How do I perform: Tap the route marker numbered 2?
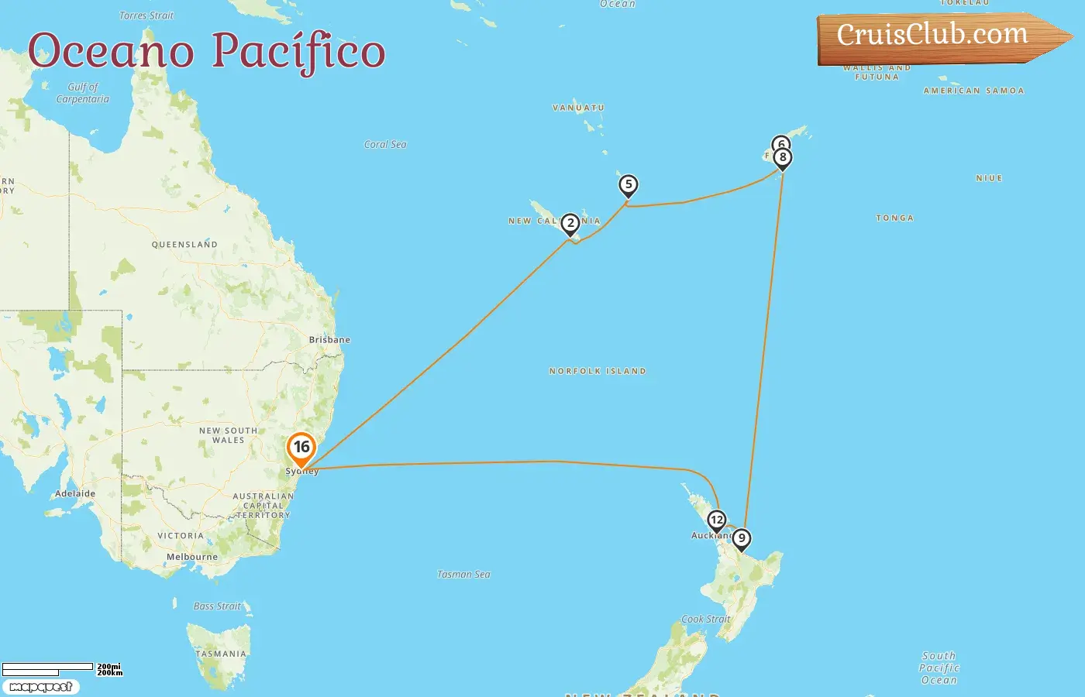[570, 224]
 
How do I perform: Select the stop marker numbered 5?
[629, 185]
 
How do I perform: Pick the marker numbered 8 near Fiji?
[783, 158]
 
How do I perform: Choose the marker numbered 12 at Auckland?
[717, 521]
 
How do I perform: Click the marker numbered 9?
[742, 539]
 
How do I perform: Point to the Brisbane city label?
[329, 340]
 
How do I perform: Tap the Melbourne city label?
[192, 557]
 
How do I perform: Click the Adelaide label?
[75, 493]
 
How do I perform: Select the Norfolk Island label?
[598, 372]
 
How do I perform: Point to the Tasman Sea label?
[463, 575]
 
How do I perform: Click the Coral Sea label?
[385, 145]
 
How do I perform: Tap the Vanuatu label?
[578, 108]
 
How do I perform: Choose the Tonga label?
[895, 218]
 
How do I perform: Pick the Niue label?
[989, 178]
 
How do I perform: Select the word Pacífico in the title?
[298, 51]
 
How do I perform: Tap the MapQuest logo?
[40, 687]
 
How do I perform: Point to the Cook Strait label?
[705, 620]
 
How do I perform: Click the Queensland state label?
[184, 245]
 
